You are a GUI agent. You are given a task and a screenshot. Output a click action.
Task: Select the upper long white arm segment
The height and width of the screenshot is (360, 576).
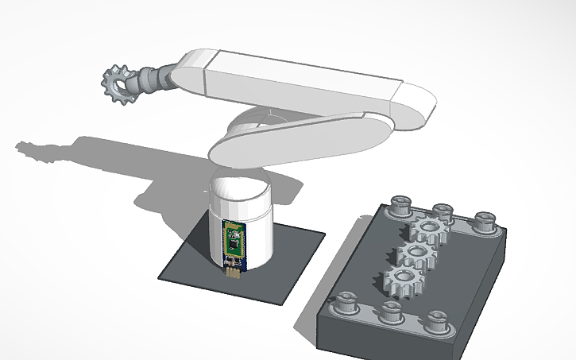[x=302, y=82]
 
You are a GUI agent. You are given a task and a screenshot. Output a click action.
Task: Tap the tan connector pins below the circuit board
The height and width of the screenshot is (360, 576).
[x=233, y=273]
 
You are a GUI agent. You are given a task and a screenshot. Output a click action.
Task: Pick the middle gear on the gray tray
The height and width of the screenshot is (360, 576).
[x=414, y=255]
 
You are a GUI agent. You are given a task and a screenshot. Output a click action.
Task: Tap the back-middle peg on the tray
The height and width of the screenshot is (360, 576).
[x=443, y=212]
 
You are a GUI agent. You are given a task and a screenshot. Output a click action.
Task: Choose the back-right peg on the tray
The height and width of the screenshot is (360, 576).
[x=484, y=220]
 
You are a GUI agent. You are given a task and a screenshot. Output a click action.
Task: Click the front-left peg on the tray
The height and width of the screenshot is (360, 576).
[x=346, y=303]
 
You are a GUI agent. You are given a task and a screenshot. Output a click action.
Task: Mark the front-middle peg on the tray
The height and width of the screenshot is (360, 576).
[x=390, y=312]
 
